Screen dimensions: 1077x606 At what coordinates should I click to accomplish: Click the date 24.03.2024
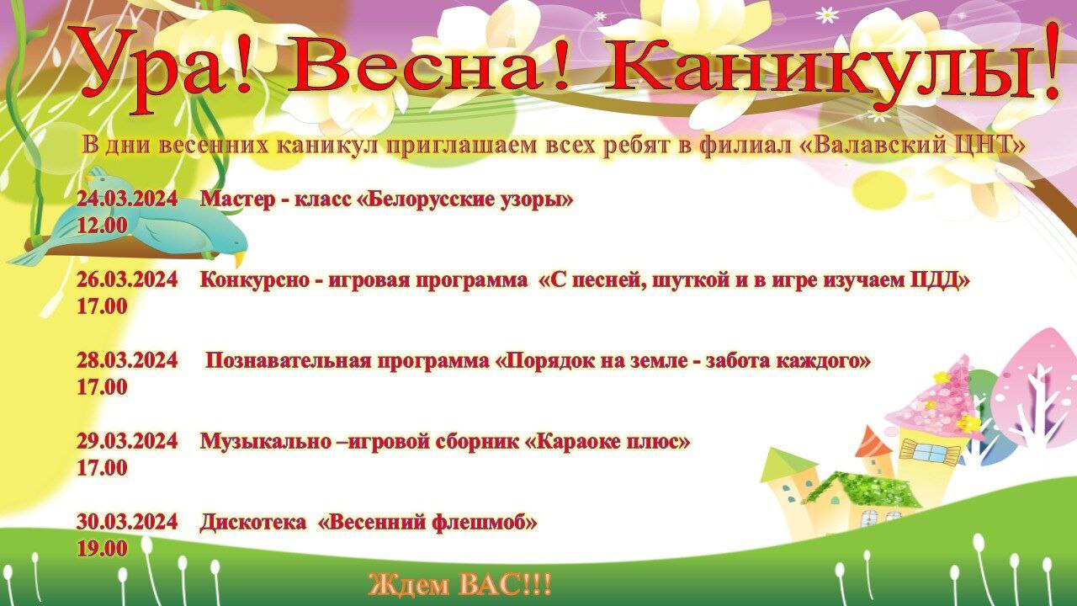pos(127,199)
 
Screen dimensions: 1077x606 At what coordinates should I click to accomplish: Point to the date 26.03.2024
pos(127,279)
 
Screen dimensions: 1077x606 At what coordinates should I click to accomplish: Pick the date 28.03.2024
pos(127,360)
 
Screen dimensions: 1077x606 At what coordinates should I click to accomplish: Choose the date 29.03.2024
pos(127,441)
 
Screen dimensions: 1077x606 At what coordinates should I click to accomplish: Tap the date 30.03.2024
pos(127,522)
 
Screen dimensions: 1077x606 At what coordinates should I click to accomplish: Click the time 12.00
pos(103,226)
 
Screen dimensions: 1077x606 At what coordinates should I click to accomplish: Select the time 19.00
pos(103,549)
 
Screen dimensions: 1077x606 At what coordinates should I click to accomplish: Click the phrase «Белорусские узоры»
pos(466,199)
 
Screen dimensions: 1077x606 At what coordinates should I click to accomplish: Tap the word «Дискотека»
pos(253,522)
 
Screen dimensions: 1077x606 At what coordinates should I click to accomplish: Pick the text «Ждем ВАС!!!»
pos(460,585)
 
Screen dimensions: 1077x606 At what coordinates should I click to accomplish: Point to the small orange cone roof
pos(874,441)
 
